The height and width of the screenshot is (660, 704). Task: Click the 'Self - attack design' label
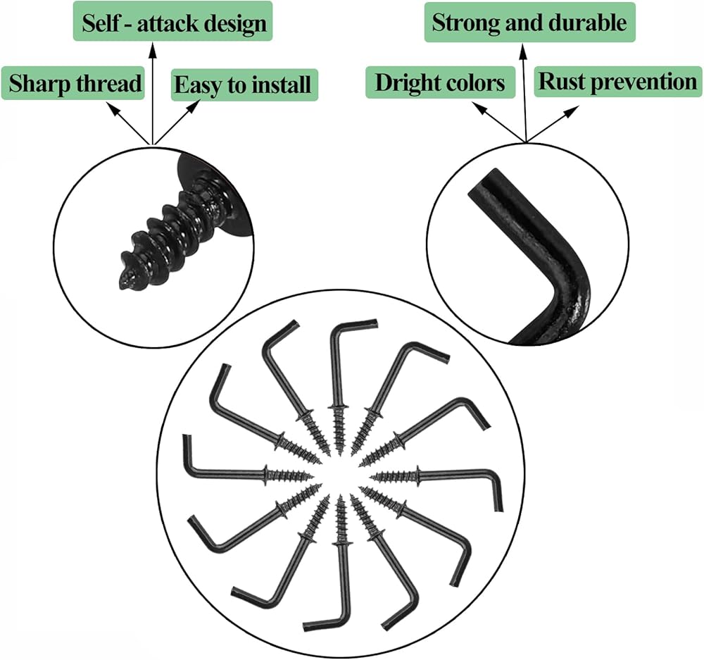(x=173, y=21)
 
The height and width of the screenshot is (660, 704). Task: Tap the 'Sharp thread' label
(x=73, y=83)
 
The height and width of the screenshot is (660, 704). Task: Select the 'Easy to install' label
(x=244, y=85)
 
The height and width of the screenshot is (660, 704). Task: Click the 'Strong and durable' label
(x=530, y=22)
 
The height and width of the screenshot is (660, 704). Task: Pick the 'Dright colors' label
(x=441, y=82)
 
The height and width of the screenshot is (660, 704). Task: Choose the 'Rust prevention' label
(x=617, y=81)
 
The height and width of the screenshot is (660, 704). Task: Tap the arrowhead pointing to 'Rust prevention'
(x=572, y=111)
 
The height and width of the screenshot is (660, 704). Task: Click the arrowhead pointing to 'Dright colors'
(x=479, y=108)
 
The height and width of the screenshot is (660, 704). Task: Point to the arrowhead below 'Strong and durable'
(x=522, y=51)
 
